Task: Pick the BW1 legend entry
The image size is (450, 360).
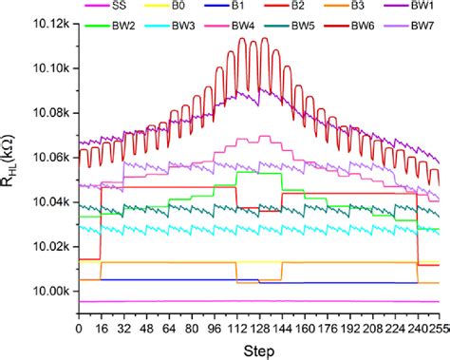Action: (414, 8)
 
